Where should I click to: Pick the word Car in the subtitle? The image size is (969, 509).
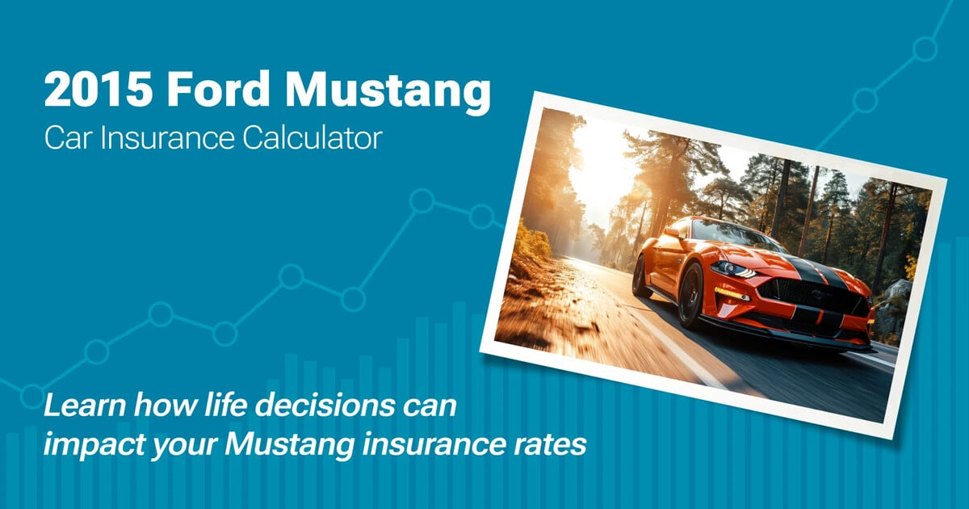[64, 138]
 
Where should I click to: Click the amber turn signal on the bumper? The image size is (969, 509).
[731, 293]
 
